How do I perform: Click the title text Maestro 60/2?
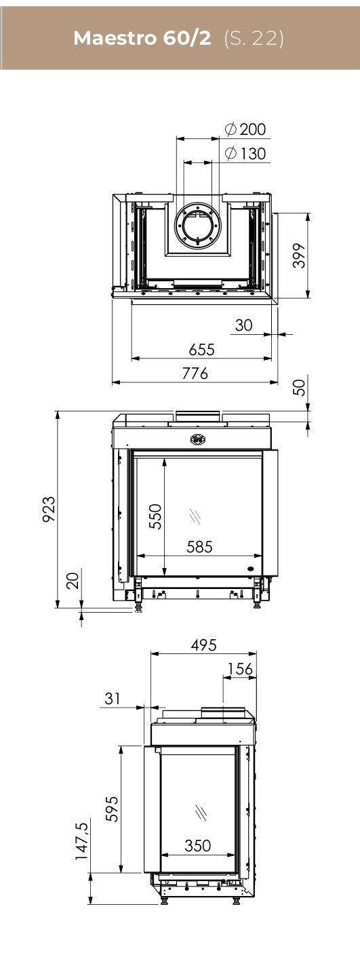click(x=142, y=39)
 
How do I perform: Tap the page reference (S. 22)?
click(x=254, y=39)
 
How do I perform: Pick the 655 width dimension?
click(x=202, y=350)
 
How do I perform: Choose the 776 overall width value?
click(x=195, y=373)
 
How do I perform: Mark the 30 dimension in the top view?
click(x=243, y=325)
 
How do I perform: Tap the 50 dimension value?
click(x=300, y=388)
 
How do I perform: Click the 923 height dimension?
click(x=49, y=509)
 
